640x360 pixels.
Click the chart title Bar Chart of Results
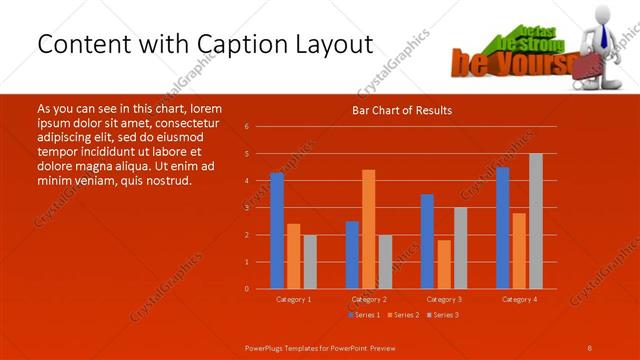click(x=401, y=110)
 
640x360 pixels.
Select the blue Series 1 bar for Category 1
click(x=277, y=231)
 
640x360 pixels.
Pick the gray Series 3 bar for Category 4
click(x=536, y=221)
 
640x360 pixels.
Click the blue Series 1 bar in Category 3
click(x=427, y=241)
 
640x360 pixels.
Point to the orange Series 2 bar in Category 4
click(x=519, y=250)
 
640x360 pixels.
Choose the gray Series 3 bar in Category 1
click(x=310, y=262)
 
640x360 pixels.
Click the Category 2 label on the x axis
click(x=369, y=299)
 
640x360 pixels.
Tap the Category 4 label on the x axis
click(x=519, y=299)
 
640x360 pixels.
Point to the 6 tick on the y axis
click(x=247, y=127)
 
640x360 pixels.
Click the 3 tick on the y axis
click(x=247, y=208)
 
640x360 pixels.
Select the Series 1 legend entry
click(x=363, y=315)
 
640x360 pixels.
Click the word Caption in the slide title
click(x=223, y=45)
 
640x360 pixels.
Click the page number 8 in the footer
click(x=591, y=346)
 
